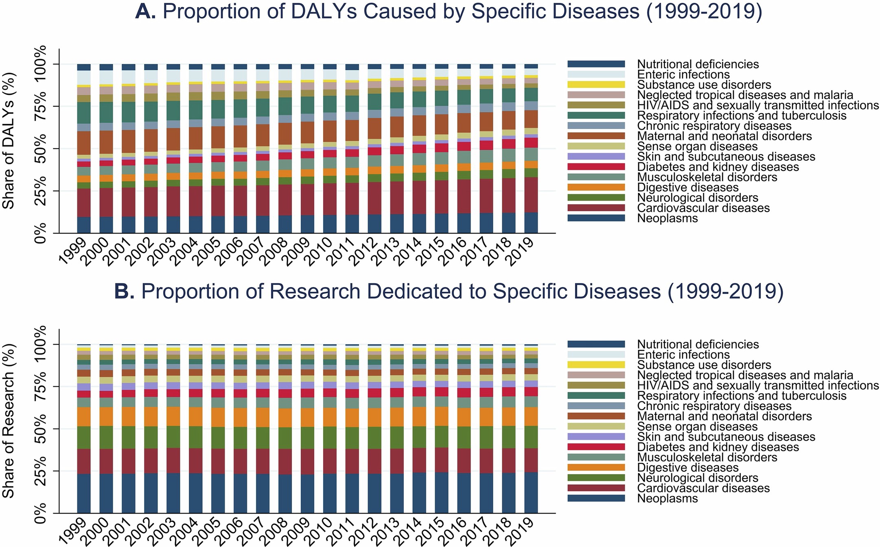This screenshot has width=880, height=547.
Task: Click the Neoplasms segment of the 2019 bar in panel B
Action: (x=531, y=492)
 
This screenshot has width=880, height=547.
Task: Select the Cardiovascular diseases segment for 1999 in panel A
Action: (x=83, y=202)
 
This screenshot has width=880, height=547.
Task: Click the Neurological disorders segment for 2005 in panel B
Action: (x=218, y=438)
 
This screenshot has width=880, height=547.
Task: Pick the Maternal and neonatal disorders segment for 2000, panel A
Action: (x=106, y=142)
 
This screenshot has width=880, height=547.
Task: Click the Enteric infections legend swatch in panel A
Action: (x=596, y=74)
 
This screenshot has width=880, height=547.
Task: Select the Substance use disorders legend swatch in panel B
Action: (x=596, y=365)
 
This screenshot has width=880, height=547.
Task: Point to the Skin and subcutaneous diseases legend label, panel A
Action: (x=726, y=157)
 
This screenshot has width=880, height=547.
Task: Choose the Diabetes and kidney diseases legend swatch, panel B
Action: (x=596, y=447)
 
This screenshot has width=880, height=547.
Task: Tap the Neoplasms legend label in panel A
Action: (x=667, y=218)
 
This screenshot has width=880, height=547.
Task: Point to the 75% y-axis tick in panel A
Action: (x=41, y=107)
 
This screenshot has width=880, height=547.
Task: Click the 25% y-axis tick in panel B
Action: (x=41, y=471)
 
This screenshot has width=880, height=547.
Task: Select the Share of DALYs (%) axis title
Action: (x=9, y=140)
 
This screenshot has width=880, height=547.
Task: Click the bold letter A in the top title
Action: (x=145, y=11)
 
